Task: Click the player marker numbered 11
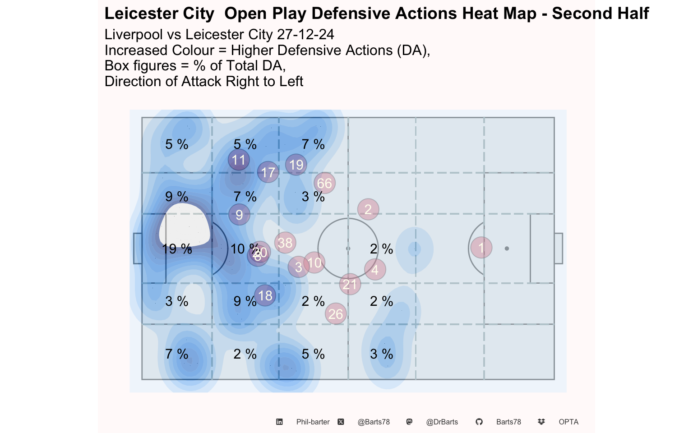(239, 160)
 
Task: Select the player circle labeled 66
(324, 183)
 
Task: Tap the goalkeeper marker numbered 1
(481, 248)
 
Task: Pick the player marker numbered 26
(336, 314)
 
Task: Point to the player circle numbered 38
(285, 243)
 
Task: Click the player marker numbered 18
(265, 295)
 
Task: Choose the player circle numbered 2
(368, 209)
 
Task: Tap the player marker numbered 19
(296, 165)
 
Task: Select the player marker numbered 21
(350, 284)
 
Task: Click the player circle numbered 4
(375, 270)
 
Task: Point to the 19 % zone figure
(177, 249)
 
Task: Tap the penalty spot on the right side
(507, 249)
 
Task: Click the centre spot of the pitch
(348, 249)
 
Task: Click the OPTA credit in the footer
(568, 422)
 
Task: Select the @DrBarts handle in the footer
(442, 422)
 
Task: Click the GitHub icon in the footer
(479, 422)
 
